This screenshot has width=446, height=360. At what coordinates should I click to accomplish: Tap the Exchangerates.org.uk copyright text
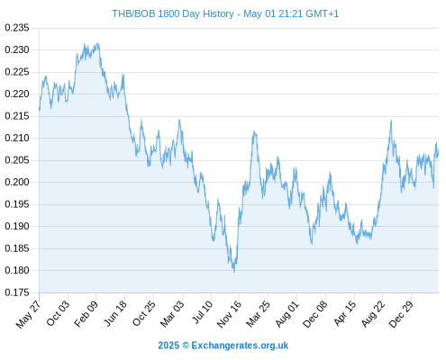(x=223, y=346)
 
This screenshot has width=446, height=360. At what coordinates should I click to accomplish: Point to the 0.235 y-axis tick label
(x=17, y=28)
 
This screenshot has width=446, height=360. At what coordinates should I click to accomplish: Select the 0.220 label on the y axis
(x=17, y=94)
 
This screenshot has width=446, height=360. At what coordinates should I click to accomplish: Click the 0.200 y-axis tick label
(x=17, y=182)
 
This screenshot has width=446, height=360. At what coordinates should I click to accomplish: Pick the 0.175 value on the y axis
(x=17, y=292)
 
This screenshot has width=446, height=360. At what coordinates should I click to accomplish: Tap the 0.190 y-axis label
(x=17, y=226)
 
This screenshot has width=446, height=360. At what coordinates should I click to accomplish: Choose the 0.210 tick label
(x=17, y=138)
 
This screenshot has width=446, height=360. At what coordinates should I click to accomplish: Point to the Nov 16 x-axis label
(x=229, y=314)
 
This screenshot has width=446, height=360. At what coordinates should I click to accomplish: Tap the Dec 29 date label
(x=401, y=314)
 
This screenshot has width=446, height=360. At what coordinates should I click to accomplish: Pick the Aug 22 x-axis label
(x=372, y=314)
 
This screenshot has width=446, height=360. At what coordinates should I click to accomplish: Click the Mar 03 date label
(x=172, y=314)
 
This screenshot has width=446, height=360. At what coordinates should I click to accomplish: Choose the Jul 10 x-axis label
(x=203, y=312)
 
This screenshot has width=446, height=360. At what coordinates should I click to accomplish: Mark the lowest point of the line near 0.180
(x=234, y=272)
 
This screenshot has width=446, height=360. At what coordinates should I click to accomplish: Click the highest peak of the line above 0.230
(x=98, y=43)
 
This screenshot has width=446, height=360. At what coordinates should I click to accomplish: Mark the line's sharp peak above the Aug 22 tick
(x=391, y=121)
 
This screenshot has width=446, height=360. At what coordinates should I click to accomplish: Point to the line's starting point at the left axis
(x=40, y=110)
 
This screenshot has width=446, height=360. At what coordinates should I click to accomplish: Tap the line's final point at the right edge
(x=439, y=152)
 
